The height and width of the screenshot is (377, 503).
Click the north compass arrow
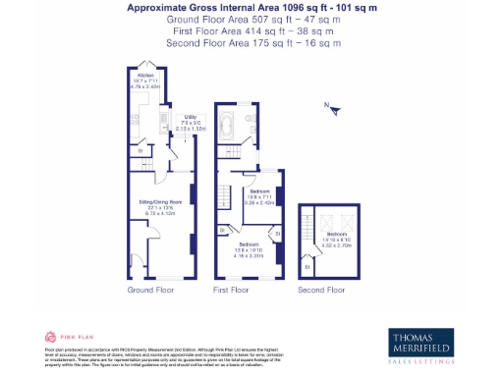click(x=333, y=109)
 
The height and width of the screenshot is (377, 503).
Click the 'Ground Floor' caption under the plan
click(x=152, y=291)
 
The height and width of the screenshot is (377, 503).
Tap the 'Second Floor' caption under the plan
click(x=322, y=291)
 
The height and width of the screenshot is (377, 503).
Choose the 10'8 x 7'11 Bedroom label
click(x=259, y=194)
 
